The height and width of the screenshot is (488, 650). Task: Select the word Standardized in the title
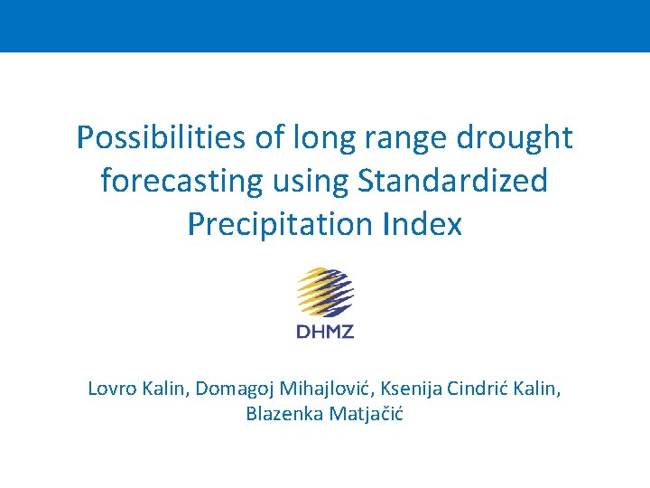[453, 181]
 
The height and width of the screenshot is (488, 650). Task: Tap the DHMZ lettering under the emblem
[325, 331]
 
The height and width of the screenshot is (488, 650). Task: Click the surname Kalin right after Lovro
[165, 389]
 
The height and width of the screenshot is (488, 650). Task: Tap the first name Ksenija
[411, 389]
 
